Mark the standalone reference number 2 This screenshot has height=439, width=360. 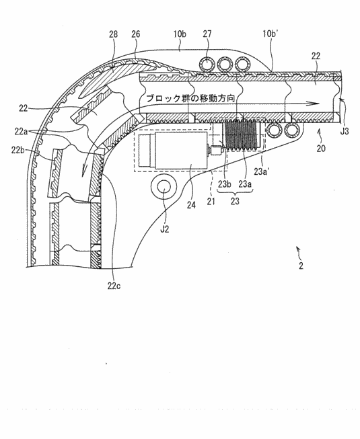301,265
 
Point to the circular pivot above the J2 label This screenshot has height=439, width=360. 164,189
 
